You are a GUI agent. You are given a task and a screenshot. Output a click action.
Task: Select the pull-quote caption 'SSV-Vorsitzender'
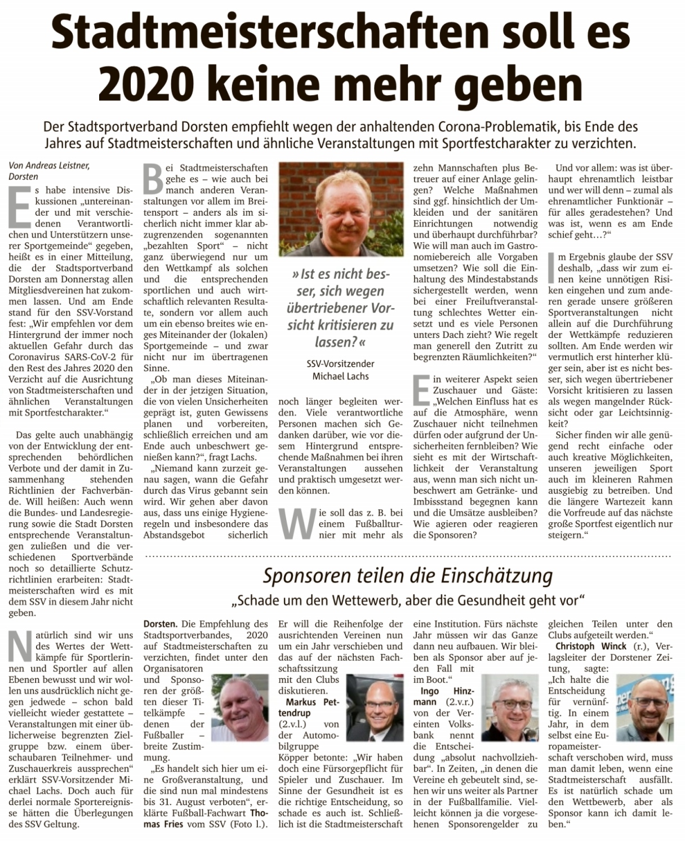[x=340, y=364]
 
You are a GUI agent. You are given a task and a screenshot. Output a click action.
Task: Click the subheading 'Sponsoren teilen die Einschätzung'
[x=408, y=576]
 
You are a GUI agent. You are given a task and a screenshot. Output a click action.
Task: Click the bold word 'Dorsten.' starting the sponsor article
[x=161, y=624]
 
